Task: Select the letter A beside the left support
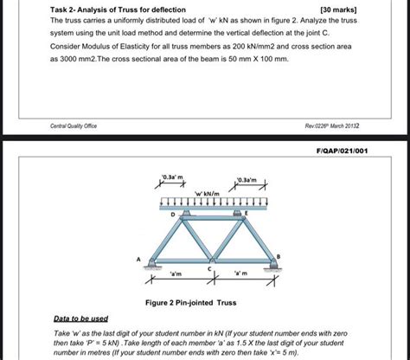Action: click(137, 258)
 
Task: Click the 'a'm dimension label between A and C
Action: click(177, 275)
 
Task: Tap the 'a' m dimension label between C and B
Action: click(240, 275)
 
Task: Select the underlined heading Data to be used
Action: click(81, 319)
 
